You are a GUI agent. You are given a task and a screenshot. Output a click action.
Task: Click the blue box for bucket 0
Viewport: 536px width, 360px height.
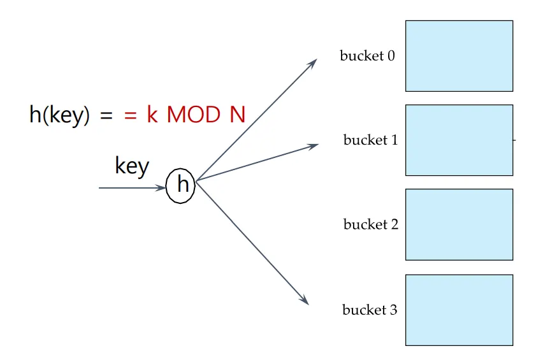tap(459, 56)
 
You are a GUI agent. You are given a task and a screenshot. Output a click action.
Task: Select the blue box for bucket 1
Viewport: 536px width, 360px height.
tap(459, 140)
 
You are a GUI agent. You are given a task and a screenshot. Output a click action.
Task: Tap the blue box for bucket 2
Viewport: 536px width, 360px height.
tap(459, 224)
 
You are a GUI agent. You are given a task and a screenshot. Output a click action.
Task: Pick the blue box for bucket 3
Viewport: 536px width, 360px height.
tap(459, 310)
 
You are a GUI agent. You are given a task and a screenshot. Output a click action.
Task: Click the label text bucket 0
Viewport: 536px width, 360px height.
tap(367, 56)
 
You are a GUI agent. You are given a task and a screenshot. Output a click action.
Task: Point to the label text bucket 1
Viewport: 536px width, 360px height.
tap(370, 140)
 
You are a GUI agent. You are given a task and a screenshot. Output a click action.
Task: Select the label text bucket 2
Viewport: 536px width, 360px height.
tap(370, 225)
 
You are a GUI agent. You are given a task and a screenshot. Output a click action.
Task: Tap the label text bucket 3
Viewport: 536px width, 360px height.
tap(370, 310)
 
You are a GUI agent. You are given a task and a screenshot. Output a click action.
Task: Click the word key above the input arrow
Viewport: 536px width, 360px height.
tap(132, 166)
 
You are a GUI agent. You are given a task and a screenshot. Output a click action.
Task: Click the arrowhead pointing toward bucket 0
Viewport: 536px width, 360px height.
tap(313, 62)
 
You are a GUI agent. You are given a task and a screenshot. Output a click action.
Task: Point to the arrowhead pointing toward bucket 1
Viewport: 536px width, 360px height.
tap(313, 147)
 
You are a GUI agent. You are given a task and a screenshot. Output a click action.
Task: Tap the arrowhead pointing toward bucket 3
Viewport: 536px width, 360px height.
tap(305, 300)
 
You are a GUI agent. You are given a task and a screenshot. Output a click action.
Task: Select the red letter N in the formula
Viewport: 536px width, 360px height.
tap(238, 115)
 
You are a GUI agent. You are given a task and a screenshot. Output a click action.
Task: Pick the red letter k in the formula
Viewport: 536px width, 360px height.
tap(152, 115)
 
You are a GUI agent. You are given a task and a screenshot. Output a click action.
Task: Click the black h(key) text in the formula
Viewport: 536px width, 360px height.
tap(59, 116)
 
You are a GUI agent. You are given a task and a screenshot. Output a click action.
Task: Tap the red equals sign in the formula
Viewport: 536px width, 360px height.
tap(131, 116)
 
